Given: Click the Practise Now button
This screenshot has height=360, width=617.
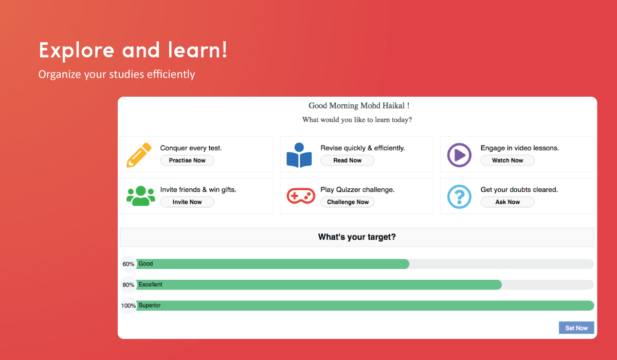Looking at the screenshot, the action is tap(187, 160).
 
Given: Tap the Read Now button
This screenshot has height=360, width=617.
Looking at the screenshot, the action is tap(348, 160).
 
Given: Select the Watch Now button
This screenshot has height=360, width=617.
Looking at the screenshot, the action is tap(507, 160).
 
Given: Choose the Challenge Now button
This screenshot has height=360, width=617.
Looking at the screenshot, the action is tap(348, 202).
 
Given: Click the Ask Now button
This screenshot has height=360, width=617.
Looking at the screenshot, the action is tap(507, 202).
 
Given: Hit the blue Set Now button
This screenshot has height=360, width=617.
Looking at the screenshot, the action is tap(576, 328).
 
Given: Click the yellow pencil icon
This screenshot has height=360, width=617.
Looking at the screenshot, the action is tap(139, 155).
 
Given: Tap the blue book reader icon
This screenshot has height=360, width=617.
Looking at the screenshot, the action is tap(299, 155).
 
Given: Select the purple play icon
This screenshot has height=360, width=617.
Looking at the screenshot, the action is tap(459, 155).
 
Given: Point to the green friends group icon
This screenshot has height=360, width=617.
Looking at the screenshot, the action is tap(141, 196).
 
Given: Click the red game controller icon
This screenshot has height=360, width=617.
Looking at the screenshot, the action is tap(301, 196).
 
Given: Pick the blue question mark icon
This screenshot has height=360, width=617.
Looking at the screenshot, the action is tap(459, 196).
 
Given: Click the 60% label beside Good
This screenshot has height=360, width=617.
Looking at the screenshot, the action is tap(129, 264).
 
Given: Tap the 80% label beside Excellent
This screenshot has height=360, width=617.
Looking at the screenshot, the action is tap(129, 285).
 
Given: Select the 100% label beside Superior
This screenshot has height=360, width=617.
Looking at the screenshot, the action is tap(129, 305).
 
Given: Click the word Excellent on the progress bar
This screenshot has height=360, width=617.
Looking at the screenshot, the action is tap(150, 284).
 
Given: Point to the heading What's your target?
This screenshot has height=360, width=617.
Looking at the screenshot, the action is tap(357, 237).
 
